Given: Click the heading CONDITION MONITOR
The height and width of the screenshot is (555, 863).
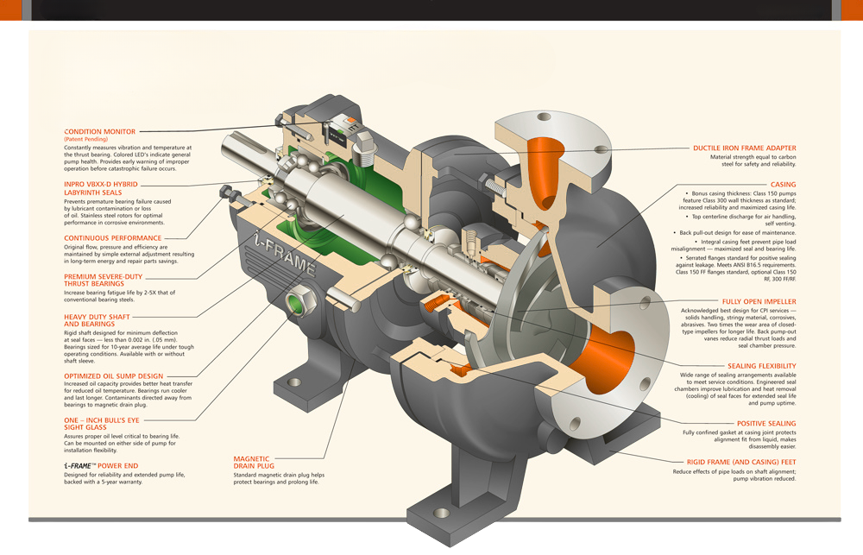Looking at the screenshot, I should click(x=99, y=131).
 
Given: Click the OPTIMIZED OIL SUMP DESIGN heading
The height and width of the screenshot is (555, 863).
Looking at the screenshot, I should click(x=113, y=375).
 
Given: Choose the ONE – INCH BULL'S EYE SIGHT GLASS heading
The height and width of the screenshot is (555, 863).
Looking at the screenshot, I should click(x=101, y=422).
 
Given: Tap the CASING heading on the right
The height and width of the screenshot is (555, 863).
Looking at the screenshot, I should click(x=783, y=184).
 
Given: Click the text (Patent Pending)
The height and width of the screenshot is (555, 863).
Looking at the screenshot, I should click(x=85, y=139).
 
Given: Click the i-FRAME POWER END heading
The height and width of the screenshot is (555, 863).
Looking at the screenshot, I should click(x=101, y=465).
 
